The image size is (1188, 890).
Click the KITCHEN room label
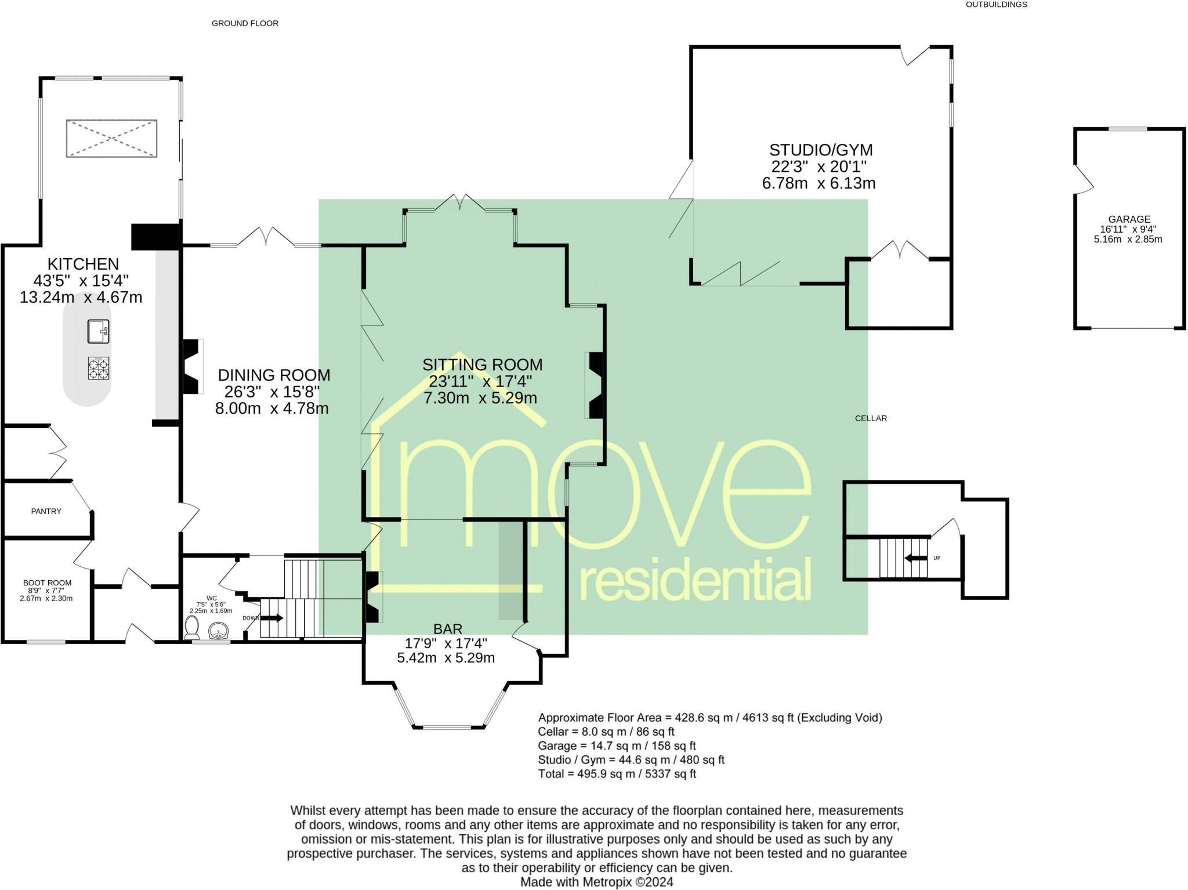[83, 264]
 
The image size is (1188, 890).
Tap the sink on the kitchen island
[99, 331]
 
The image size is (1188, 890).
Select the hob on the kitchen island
[99, 368]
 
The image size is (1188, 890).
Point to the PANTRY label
[46, 511]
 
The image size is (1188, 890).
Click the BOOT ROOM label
[47, 583]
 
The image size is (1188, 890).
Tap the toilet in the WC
[191, 628]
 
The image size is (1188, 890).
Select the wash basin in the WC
[218, 631]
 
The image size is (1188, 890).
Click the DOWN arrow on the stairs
[272, 618]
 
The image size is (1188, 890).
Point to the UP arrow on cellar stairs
[915, 558]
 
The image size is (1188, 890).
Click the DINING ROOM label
[274, 375]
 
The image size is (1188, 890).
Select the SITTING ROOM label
[482, 365]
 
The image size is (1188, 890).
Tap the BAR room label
[447, 629]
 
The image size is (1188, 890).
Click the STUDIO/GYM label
[820, 150]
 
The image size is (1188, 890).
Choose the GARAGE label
[1129, 219]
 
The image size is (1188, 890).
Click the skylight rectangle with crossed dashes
[111, 138]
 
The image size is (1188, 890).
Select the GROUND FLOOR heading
[245, 23]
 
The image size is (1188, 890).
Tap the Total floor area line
[617, 773]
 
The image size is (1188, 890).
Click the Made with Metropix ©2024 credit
[596, 882]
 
